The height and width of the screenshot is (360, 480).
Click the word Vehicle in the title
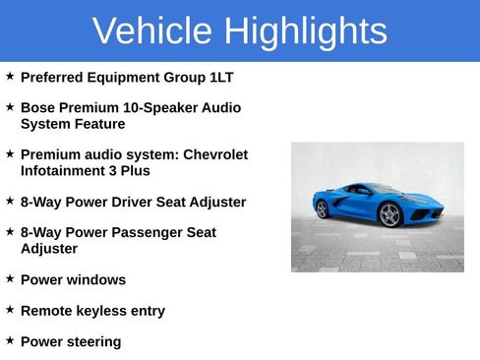click(x=152, y=31)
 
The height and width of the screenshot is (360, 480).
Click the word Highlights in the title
click(x=305, y=31)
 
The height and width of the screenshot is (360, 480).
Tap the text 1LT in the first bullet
click(x=221, y=77)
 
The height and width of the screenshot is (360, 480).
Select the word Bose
click(x=37, y=107)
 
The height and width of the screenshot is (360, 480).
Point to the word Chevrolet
click(x=215, y=154)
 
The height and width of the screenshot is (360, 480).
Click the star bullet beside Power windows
click(x=10, y=278)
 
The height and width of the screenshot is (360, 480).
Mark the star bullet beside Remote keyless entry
click(x=10, y=310)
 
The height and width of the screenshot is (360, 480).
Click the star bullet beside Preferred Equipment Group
click(x=10, y=76)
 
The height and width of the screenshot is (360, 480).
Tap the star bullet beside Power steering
click(x=10, y=340)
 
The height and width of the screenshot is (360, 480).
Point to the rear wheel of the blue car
click(x=322, y=209)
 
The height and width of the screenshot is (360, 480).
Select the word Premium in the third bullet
click(x=49, y=154)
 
